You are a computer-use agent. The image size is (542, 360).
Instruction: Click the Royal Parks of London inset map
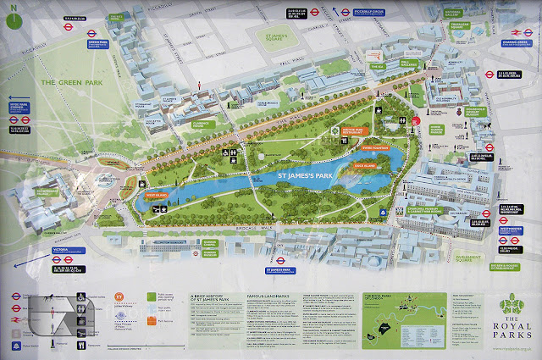pos(394,323)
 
